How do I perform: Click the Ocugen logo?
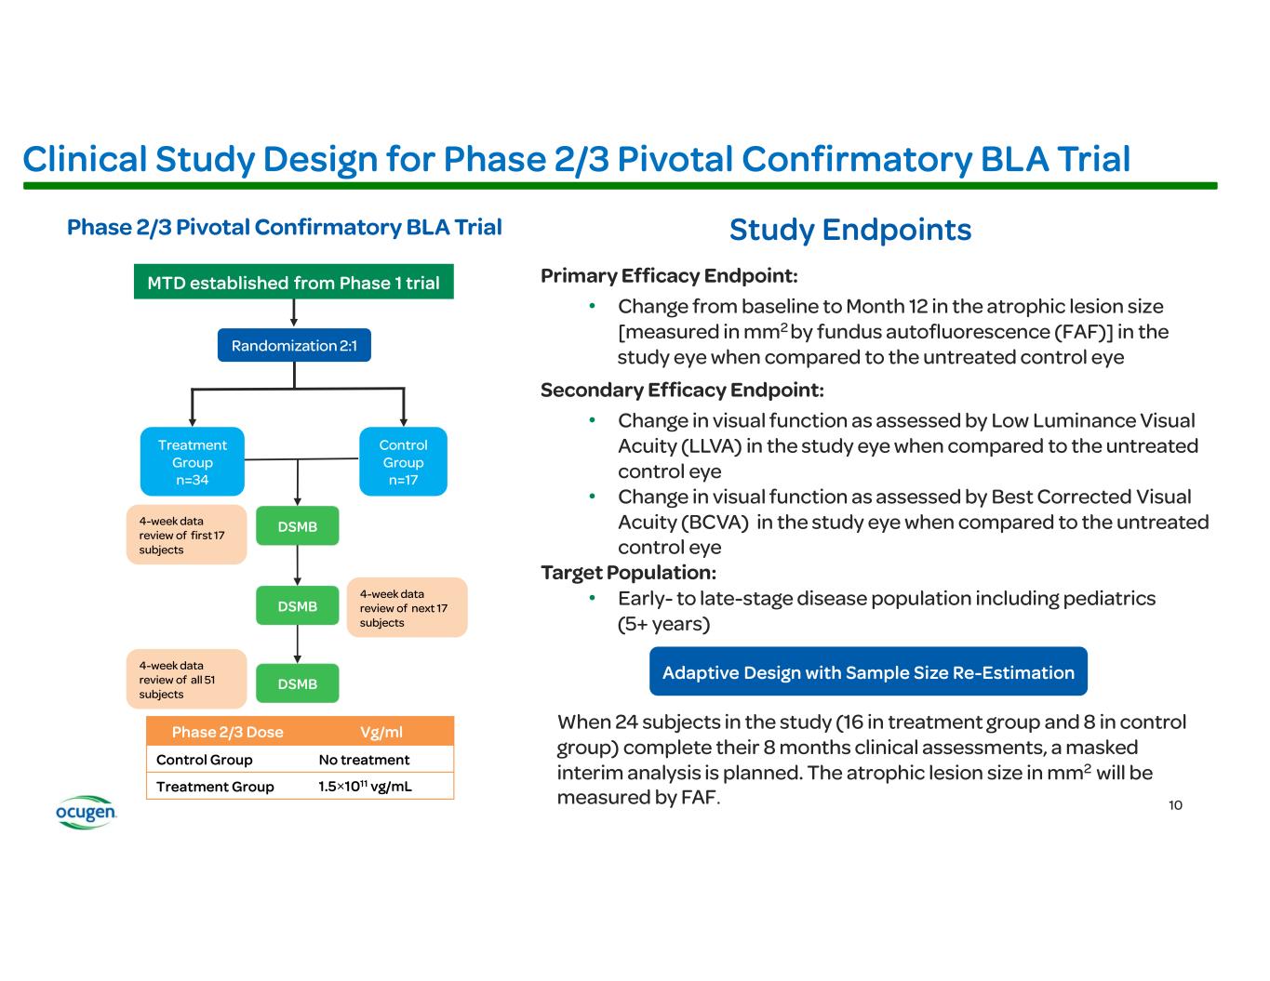click(x=86, y=812)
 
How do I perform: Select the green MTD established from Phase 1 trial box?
click(x=293, y=283)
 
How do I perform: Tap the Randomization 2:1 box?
click(x=294, y=346)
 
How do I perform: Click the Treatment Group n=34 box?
click(x=193, y=462)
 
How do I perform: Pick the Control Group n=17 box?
click(x=403, y=462)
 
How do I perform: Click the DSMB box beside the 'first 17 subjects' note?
click(x=298, y=526)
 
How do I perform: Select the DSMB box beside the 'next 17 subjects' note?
click(x=298, y=606)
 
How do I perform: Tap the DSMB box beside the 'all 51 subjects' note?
click(x=298, y=683)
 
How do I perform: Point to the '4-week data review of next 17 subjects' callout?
click(x=407, y=608)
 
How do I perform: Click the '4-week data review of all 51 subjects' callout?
click(x=186, y=680)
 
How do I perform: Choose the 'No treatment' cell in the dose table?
click(x=364, y=760)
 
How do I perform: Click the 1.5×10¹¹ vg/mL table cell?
click(x=365, y=787)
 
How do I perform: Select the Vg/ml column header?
click(x=381, y=732)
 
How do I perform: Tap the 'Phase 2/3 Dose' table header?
click(x=228, y=732)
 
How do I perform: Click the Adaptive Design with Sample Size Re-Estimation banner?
click(x=868, y=672)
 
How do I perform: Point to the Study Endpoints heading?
click(x=850, y=230)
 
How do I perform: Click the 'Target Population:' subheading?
click(x=628, y=573)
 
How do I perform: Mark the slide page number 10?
click(x=1175, y=805)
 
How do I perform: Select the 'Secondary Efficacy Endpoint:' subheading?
click(x=682, y=390)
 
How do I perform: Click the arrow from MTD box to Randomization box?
click(x=294, y=313)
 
